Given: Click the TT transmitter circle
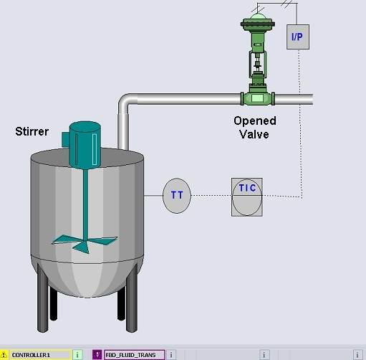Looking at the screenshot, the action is (x=177, y=196).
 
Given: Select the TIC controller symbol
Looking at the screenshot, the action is (x=247, y=197).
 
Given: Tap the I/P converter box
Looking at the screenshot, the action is (x=298, y=37).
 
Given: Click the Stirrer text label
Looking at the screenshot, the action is (x=32, y=131).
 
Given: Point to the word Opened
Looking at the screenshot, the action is (x=255, y=120).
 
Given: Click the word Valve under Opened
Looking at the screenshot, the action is (x=254, y=134).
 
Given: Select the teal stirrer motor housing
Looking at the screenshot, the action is (x=85, y=145).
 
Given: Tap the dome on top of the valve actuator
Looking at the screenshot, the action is (x=258, y=16).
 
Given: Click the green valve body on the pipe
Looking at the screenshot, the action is (x=258, y=98).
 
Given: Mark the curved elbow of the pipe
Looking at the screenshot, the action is (x=127, y=103).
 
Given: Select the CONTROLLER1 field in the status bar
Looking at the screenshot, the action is (x=41, y=355).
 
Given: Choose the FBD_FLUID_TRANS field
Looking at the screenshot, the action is (x=134, y=355).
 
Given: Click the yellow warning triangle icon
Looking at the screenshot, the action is (x=4, y=355).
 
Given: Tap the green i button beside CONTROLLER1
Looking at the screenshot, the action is (x=77, y=355).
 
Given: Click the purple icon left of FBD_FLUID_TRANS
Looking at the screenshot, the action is (x=97, y=355).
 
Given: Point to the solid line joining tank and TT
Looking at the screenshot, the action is (x=153, y=196).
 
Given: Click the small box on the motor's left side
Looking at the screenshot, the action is (x=65, y=139).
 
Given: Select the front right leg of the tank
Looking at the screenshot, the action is (x=132, y=299).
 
